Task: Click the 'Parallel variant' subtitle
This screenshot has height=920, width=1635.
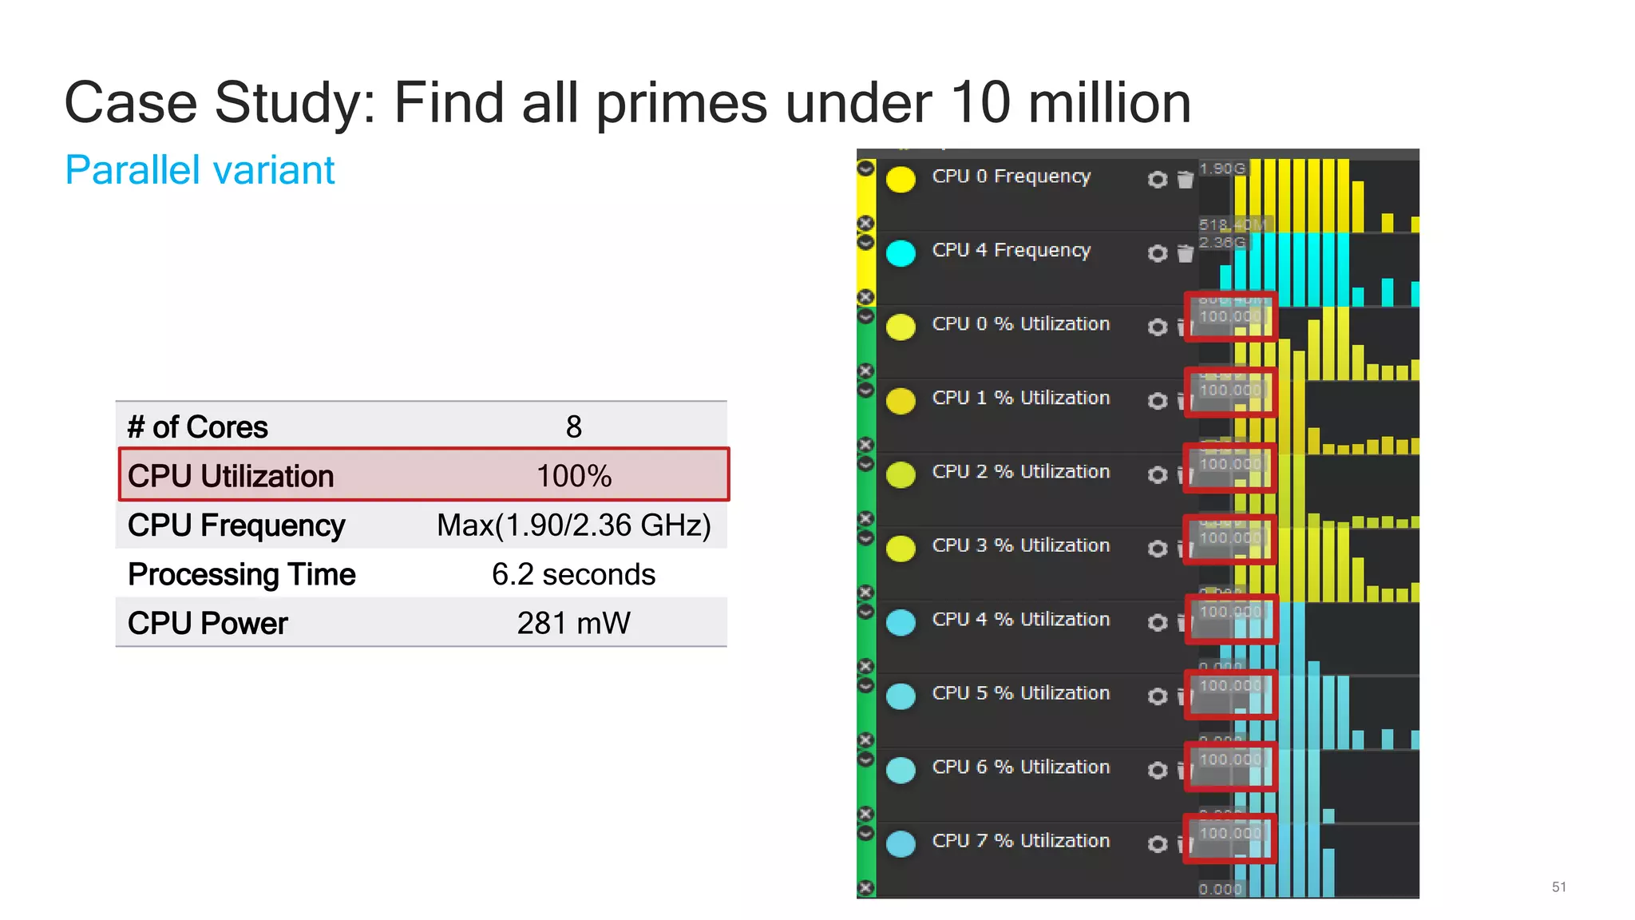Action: (200, 170)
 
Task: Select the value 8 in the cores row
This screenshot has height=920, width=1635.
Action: (573, 427)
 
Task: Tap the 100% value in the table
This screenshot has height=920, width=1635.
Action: (573, 477)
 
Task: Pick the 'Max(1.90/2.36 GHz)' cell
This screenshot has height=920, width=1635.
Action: (573, 525)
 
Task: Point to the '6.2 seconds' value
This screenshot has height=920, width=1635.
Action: (573, 574)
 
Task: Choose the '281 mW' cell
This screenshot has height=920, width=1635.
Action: (573, 624)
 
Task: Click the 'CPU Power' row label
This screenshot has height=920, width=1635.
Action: (208, 624)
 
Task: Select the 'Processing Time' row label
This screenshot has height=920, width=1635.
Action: (241, 574)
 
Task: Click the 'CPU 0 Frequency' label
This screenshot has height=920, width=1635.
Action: (1011, 176)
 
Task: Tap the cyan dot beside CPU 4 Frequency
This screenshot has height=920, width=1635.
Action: (901, 253)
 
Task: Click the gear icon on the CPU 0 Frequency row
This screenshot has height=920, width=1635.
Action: (1157, 180)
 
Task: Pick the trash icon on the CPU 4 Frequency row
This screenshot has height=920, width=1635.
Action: (1186, 254)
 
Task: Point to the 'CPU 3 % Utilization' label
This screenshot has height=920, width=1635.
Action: (1020, 545)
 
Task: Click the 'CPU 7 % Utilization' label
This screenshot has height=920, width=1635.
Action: (1020, 841)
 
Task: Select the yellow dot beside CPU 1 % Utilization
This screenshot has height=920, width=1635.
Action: (901, 401)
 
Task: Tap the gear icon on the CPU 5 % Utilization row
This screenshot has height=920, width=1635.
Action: (1157, 696)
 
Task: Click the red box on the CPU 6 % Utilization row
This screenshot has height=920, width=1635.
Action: (1230, 767)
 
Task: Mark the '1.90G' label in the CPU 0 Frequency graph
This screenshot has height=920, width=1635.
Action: (1221, 169)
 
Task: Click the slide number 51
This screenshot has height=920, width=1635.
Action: (1558, 887)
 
